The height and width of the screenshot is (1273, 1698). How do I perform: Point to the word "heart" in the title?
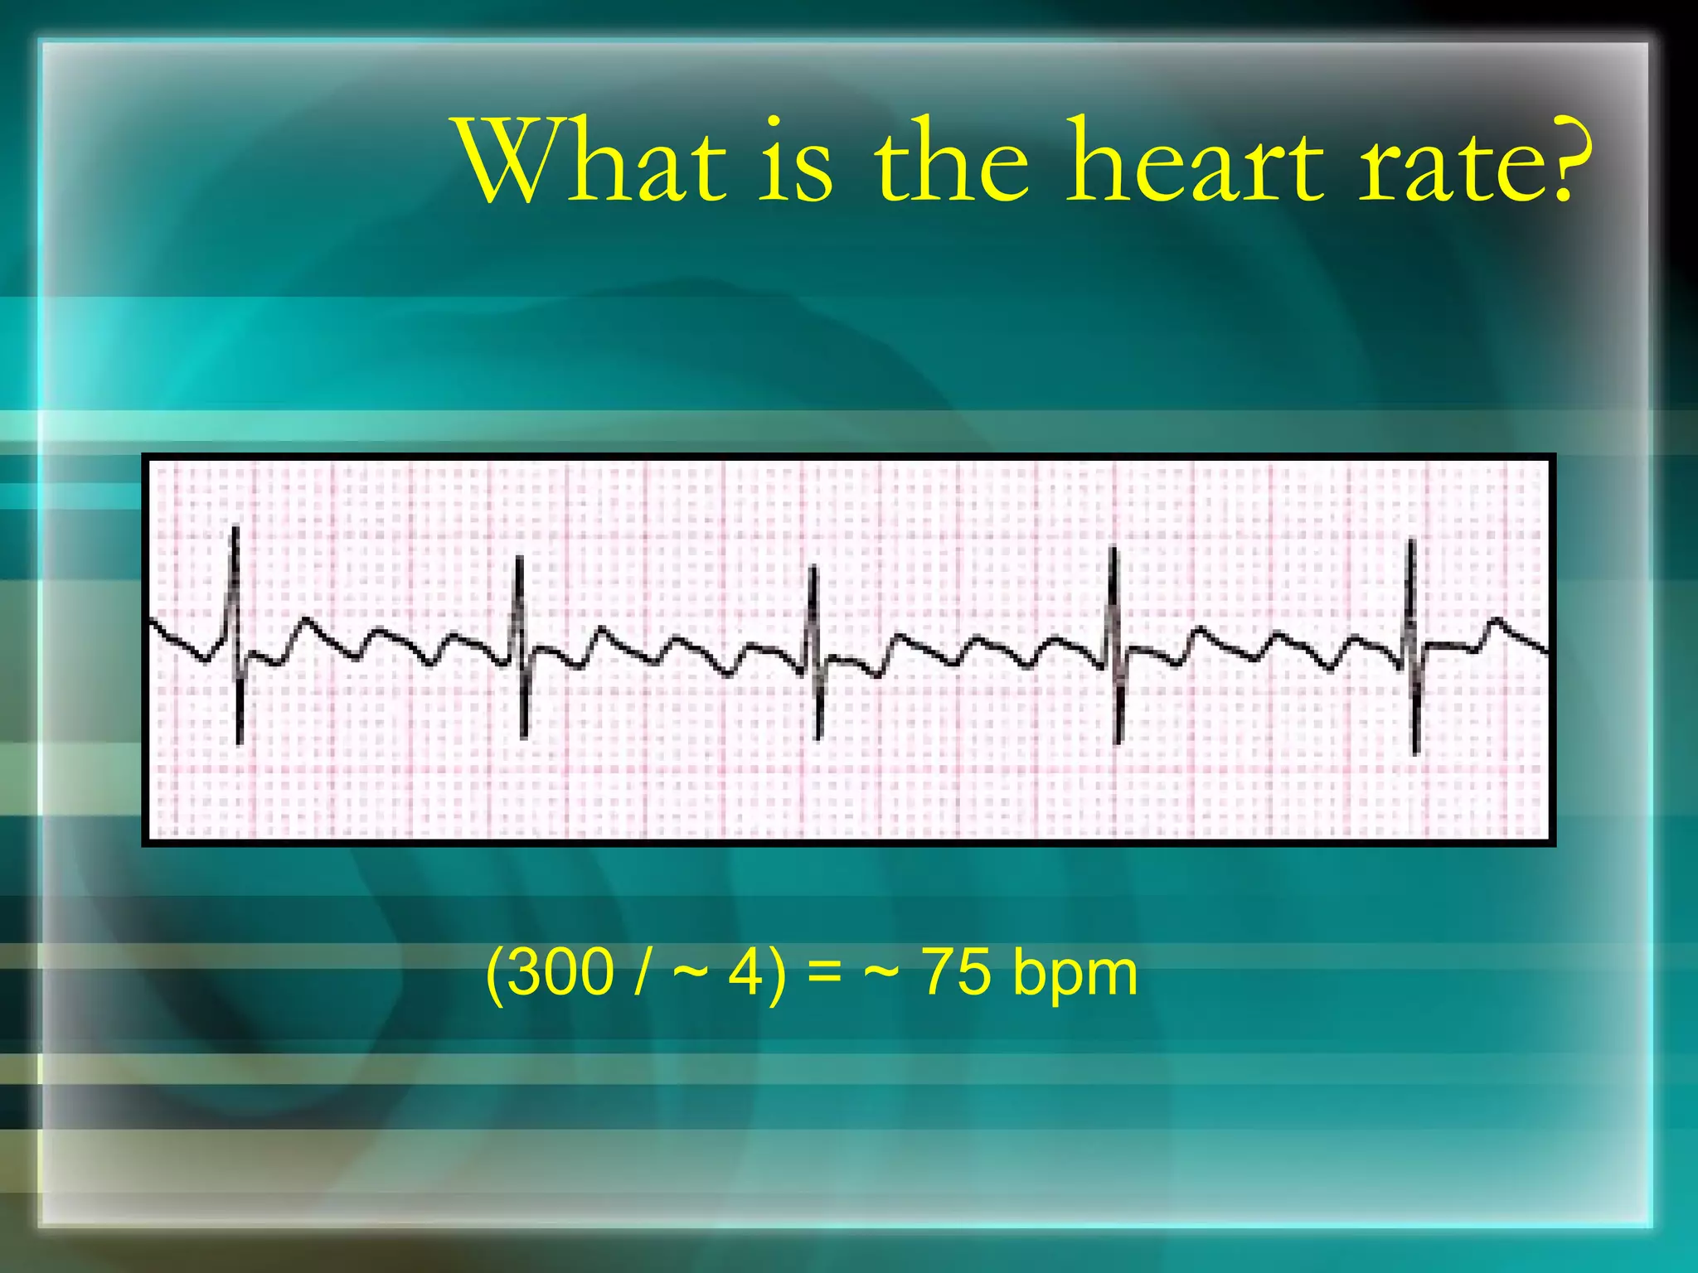pos(1196,161)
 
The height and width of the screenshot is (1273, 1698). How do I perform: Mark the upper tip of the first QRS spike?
pos(235,528)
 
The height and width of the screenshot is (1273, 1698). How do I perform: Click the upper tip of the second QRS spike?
pos(519,558)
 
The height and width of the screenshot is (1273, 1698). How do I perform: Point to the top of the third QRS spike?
pos(813,568)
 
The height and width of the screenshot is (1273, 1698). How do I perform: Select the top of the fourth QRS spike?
pos(1113,549)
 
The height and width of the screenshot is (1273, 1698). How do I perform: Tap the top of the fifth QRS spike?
pos(1411,540)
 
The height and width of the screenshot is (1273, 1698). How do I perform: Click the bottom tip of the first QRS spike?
pos(240,743)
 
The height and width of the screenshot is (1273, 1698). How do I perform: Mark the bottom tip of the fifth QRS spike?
pos(1416,753)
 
